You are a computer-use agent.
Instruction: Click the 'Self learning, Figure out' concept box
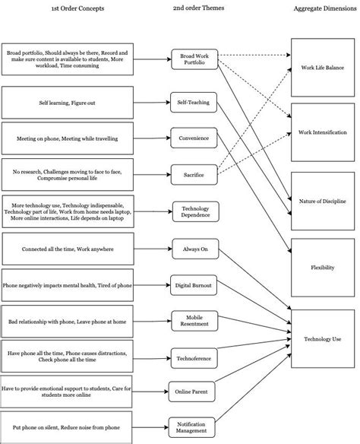(68, 101)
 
